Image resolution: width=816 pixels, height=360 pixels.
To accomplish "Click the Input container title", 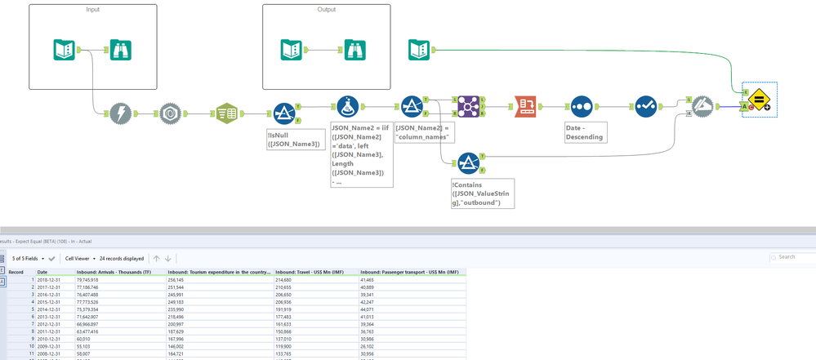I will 93,10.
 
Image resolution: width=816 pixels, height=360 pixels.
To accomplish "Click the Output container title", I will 327,10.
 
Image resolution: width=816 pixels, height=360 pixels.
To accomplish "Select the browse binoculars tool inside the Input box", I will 121,51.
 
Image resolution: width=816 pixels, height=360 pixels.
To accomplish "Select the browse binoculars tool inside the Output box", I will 354,51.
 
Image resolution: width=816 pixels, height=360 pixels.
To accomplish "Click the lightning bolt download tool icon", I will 121,113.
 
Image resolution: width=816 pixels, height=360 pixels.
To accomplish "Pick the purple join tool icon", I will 469,106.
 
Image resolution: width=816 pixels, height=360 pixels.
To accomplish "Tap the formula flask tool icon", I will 348,107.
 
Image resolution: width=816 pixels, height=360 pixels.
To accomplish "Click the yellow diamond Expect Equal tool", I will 759,100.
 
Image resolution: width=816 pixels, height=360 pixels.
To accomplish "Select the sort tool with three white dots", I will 582,107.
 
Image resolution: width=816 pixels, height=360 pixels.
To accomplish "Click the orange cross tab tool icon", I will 525,107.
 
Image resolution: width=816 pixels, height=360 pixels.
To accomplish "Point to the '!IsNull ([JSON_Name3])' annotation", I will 295,139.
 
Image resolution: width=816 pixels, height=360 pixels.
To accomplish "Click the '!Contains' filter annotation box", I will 482,193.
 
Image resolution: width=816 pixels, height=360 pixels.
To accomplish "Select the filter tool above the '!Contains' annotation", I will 469,163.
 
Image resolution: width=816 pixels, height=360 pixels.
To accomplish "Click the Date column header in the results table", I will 42,272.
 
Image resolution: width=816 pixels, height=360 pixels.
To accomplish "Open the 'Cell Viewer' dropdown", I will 80,259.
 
